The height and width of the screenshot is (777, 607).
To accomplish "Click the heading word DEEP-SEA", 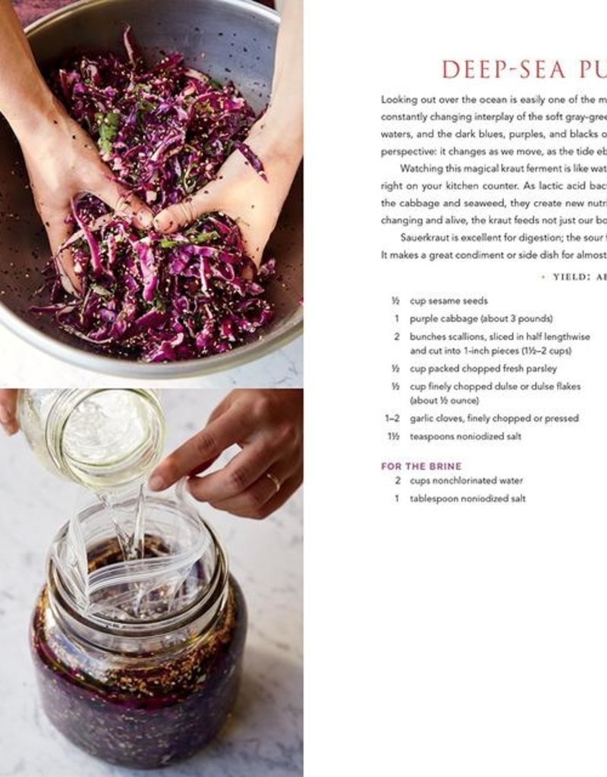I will click(504, 69).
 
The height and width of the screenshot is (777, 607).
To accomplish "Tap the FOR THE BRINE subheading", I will click(420, 466).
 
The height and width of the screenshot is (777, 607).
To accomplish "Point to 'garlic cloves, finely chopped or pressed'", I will click(494, 418).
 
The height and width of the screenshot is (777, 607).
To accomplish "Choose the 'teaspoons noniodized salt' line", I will click(465, 436).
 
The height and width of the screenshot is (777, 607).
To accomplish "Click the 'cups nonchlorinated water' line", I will click(466, 480).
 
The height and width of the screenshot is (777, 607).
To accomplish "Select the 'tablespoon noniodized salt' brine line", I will click(467, 499).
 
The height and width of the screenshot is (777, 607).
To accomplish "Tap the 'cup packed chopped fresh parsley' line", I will click(483, 369).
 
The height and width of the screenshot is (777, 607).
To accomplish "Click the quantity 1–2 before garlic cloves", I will click(392, 418).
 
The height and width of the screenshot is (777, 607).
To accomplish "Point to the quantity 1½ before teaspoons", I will click(393, 436).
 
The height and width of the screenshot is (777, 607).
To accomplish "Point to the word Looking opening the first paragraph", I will click(399, 99).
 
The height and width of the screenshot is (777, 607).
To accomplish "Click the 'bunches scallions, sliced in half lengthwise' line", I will click(499, 336).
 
